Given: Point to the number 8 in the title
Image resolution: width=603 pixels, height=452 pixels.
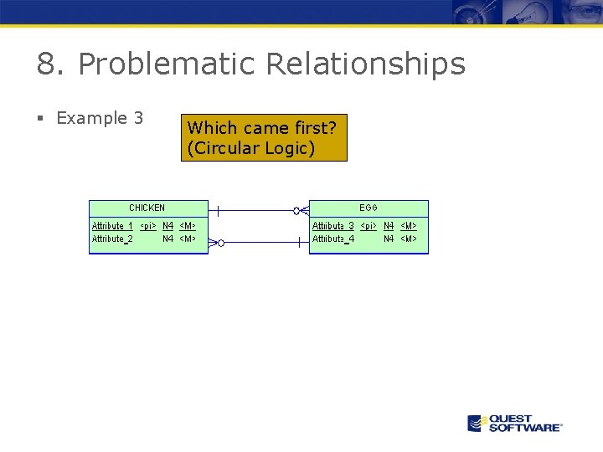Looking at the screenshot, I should tap(46, 64).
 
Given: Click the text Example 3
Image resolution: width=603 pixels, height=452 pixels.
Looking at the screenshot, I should tap(100, 118).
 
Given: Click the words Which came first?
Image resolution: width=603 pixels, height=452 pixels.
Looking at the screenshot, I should tap(262, 128).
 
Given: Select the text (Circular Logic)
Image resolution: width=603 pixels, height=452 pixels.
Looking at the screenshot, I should tap(251, 149).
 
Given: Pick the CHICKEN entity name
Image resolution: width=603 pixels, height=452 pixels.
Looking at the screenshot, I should tap(147, 208).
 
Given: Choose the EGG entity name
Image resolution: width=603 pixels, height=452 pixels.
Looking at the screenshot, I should tap(368, 208).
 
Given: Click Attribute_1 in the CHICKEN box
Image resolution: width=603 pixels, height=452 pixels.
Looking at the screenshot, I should tap(112, 226).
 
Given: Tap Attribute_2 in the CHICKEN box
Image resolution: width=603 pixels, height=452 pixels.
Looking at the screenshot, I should tap(112, 239).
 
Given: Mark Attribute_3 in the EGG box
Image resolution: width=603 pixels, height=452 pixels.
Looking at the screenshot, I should tap(333, 226).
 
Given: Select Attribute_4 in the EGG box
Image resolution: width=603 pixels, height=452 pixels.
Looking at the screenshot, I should tap(333, 239).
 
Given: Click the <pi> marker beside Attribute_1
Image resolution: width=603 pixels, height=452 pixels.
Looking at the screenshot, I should tap(147, 226).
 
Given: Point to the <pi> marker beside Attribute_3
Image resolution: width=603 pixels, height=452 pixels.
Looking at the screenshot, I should tap(368, 226).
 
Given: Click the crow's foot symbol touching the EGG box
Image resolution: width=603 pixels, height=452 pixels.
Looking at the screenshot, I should tap(301, 211).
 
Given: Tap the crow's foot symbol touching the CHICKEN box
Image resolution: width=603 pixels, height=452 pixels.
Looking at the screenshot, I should tap(214, 243).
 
